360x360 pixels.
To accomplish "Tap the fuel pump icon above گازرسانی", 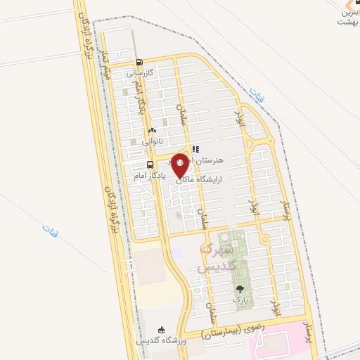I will (x=140, y=62).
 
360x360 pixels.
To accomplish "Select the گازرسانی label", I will (x=140, y=72).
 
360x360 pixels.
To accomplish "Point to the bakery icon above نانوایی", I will (x=151, y=131).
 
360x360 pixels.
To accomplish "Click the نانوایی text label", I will (x=152, y=141).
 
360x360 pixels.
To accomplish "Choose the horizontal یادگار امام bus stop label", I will (x=149, y=175).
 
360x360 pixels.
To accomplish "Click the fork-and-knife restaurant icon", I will (x=195, y=149).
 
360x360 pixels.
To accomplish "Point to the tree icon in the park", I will (x=241, y=289).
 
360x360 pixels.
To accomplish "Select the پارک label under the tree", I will (x=241, y=300).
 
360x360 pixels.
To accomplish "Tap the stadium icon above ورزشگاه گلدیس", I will (x=162, y=330).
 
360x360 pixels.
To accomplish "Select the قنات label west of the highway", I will (x=49, y=229).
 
